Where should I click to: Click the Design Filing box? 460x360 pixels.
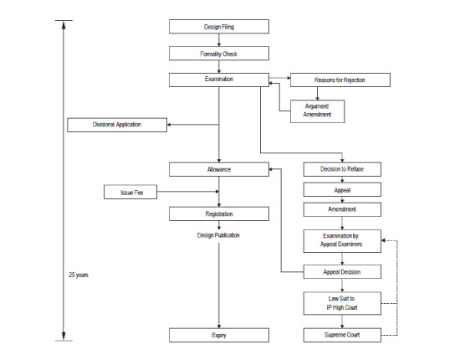[218, 27]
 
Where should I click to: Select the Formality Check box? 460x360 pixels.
[218, 54]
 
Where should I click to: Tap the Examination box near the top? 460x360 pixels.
[218, 80]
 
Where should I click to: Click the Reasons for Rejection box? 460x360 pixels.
[340, 80]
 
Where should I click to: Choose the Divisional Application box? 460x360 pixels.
[117, 126]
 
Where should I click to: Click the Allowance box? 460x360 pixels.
[218, 169]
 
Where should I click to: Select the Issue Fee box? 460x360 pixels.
[130, 193]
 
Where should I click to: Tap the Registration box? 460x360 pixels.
[218, 213]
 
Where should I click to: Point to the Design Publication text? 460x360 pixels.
[218, 235]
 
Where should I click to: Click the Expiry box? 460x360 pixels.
[218, 335]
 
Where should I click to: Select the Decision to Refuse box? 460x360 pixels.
[343, 169]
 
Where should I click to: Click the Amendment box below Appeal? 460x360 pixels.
[343, 209]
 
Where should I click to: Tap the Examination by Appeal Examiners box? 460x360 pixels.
[343, 241]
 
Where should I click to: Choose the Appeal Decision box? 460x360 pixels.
[343, 272]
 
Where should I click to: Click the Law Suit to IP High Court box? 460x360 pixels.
[343, 303]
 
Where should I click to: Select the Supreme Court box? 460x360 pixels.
[343, 335]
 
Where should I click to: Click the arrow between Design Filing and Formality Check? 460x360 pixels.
[218, 40]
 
